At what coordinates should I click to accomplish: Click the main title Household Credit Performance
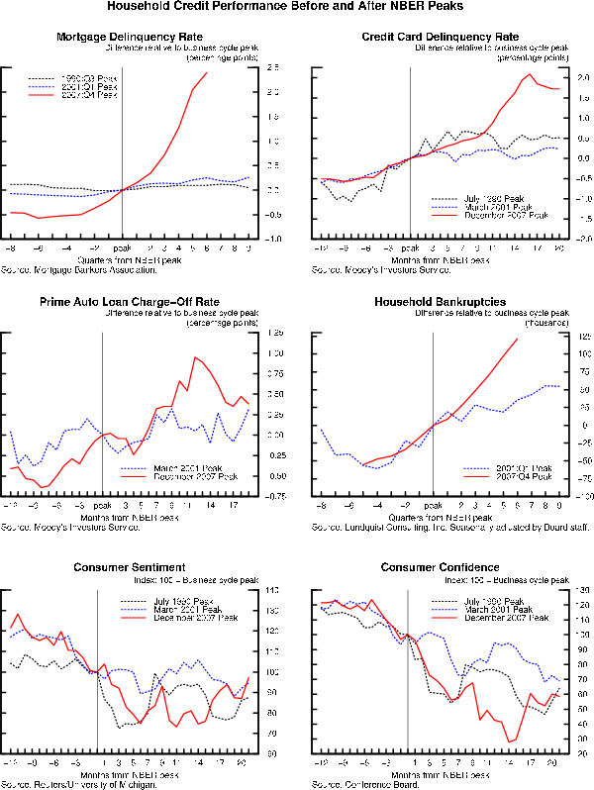point(297,7)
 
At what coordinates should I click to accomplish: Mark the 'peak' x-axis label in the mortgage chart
point(122,249)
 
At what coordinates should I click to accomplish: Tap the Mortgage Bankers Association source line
point(83,269)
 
